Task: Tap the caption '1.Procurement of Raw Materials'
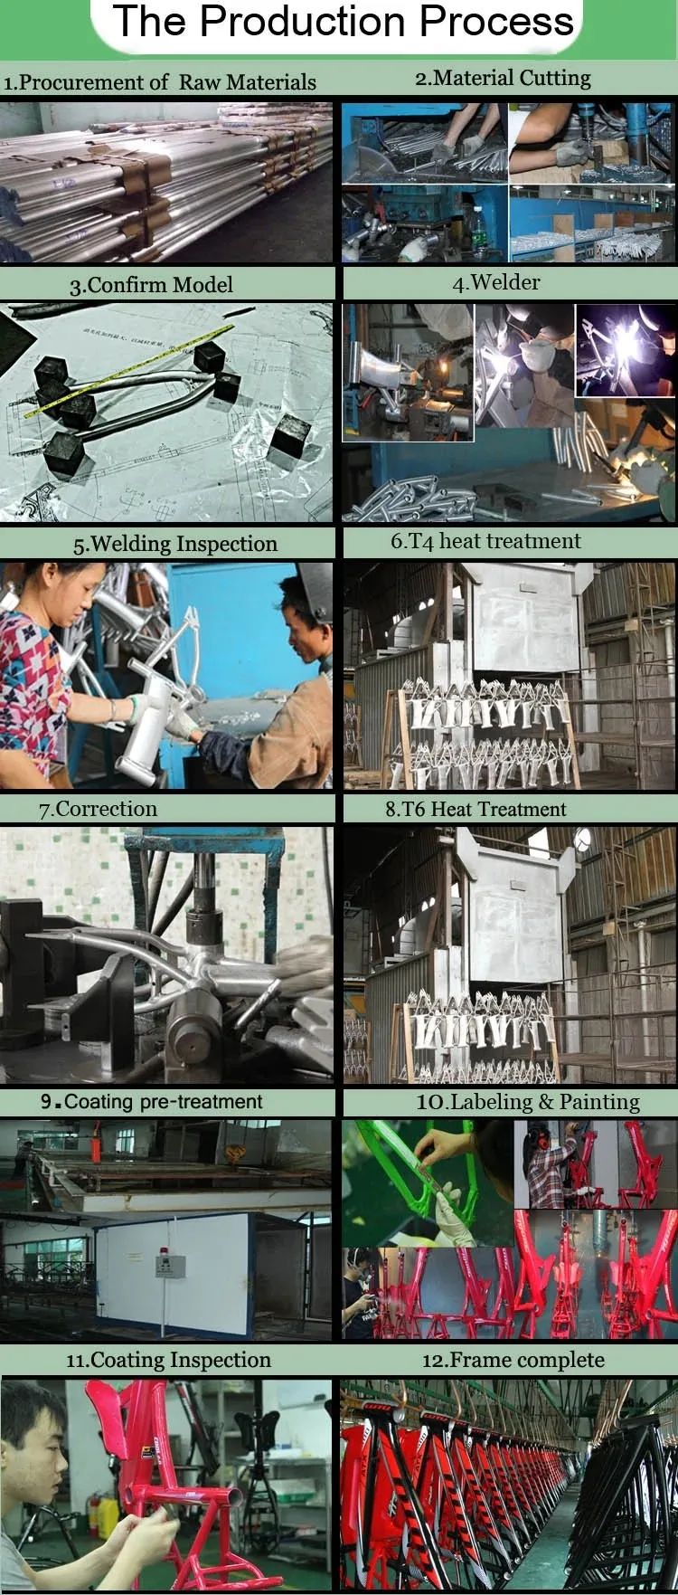pos(160,82)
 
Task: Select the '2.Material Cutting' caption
pos(503,79)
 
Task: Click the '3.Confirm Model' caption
pos(151,285)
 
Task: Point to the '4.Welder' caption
pos(496,282)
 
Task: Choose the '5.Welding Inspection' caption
pos(175,544)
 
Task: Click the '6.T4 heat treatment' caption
pos(485,541)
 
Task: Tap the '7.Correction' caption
pos(98,809)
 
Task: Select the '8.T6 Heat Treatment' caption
pos(476,809)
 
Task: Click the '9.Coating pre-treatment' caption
pos(151,1102)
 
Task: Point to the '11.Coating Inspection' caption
pos(168,1360)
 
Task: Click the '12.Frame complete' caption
pos(513,1360)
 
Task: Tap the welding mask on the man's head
pos(316,593)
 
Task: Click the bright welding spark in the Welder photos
pos(627,339)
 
